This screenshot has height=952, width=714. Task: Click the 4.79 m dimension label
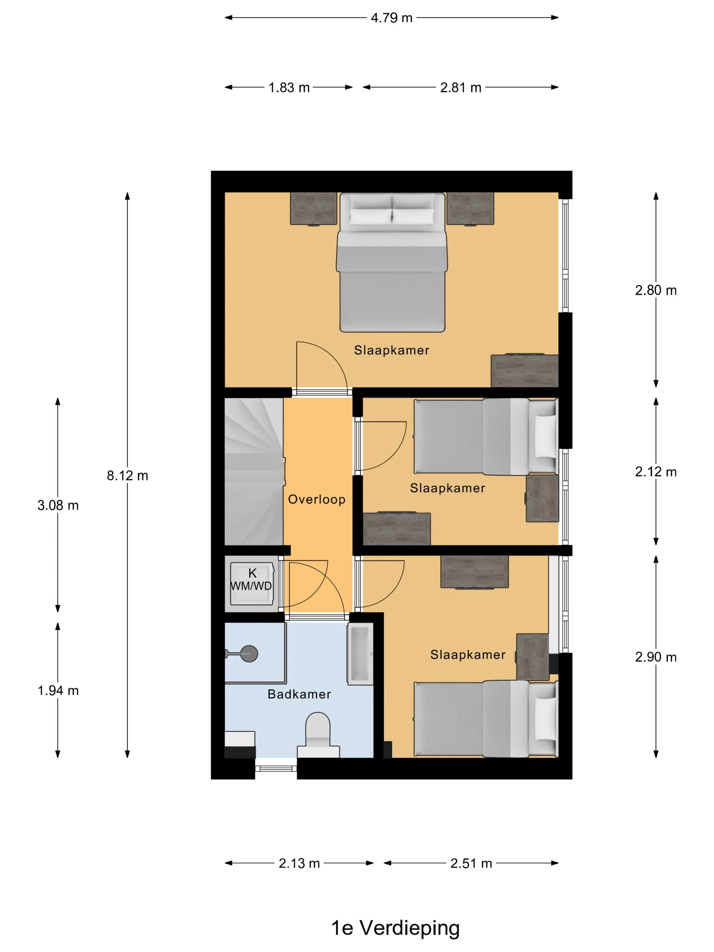click(391, 18)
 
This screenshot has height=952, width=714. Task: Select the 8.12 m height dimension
click(128, 476)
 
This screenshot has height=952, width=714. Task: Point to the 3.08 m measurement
click(58, 505)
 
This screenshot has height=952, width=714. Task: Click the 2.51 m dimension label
click(471, 863)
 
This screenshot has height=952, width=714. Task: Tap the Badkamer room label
click(299, 694)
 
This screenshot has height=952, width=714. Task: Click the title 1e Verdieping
click(395, 928)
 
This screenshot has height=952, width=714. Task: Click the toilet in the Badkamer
click(318, 735)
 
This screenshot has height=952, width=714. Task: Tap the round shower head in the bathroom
click(249, 654)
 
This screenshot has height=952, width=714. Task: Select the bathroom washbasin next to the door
click(360, 653)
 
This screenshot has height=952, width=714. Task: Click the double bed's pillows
click(392, 209)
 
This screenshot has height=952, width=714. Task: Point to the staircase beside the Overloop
click(254, 471)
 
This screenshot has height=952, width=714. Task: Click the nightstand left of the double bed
click(314, 209)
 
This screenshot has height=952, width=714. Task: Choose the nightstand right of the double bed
click(470, 209)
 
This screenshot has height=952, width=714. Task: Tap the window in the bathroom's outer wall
click(276, 769)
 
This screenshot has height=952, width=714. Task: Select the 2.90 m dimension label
click(656, 657)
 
